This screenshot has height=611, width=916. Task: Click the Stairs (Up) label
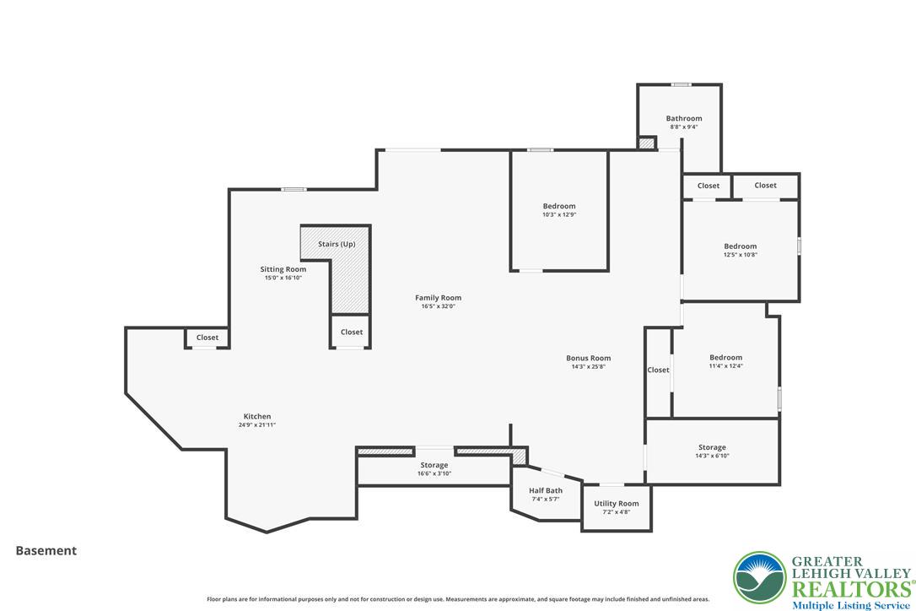tap(337, 244)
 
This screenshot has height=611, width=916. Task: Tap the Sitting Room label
tap(283, 269)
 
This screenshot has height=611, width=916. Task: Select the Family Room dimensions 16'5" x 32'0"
tap(438, 306)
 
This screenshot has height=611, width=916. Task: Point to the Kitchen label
tap(257, 416)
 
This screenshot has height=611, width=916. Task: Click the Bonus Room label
tap(588, 358)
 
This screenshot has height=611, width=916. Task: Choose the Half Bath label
tap(546, 490)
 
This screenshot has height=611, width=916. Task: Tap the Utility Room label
tap(617, 504)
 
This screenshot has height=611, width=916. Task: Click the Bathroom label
tap(684, 118)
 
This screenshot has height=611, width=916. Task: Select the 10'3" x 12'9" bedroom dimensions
tap(559, 214)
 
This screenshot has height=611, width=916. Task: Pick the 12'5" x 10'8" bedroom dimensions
tap(741, 255)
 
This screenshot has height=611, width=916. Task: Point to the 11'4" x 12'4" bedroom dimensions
tap(726, 366)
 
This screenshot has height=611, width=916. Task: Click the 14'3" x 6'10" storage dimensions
tap(712, 456)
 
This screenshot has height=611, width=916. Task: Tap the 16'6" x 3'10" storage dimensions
tap(434, 473)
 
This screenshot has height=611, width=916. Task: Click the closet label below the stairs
tap(352, 332)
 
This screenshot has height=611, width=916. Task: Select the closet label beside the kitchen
tap(207, 338)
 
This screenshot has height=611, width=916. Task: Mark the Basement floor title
tap(46, 551)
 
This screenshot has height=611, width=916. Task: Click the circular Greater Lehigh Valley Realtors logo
tap(760, 578)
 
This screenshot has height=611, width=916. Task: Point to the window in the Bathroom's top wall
tap(681, 84)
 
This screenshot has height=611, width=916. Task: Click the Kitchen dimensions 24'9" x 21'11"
tap(257, 425)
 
